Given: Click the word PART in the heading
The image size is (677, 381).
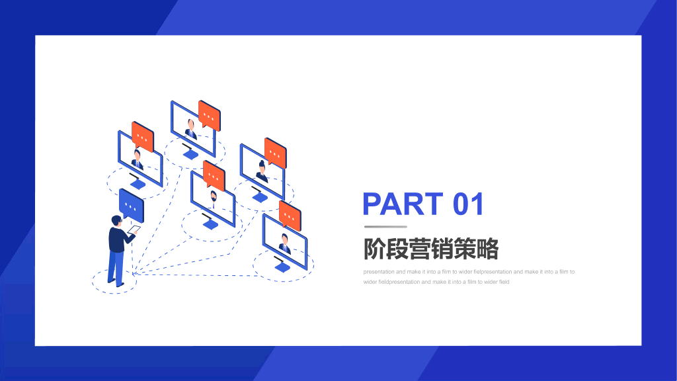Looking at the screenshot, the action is pyautogui.click(x=403, y=204).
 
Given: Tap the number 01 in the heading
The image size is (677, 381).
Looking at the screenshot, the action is pyautogui.click(x=468, y=204).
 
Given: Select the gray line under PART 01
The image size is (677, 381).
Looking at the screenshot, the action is pyautogui.click(x=385, y=226).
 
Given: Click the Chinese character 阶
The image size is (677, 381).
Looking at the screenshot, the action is pyautogui.click(x=374, y=249).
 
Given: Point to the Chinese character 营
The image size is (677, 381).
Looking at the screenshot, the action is pyautogui.click(x=420, y=249).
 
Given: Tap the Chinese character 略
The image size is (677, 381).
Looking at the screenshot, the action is pyautogui.click(x=487, y=249).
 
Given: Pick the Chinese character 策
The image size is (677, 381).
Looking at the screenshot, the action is pyautogui.click(x=465, y=249).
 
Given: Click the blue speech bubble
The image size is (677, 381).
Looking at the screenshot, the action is pyautogui.click(x=132, y=204).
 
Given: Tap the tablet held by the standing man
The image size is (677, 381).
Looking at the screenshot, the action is pyautogui.click(x=134, y=230).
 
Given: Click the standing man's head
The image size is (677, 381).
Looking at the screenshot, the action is pyautogui.click(x=116, y=221).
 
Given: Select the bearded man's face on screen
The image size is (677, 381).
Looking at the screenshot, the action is pyautogui.click(x=214, y=196).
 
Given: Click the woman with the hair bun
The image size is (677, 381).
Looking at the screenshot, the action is pyautogui.click(x=262, y=171).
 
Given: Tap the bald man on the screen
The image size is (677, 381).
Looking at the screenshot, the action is pyautogui.click(x=191, y=129).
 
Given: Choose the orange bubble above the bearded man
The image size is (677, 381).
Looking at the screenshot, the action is pyautogui.click(x=214, y=175).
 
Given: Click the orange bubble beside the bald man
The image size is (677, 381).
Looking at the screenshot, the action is pyautogui.click(x=210, y=115).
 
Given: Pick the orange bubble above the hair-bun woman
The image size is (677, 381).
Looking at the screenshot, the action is pyautogui.click(x=276, y=152).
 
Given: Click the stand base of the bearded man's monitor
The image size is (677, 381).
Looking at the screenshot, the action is pyautogui.click(x=210, y=225).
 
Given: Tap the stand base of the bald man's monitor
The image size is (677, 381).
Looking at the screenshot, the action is pyautogui.click(x=190, y=154).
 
